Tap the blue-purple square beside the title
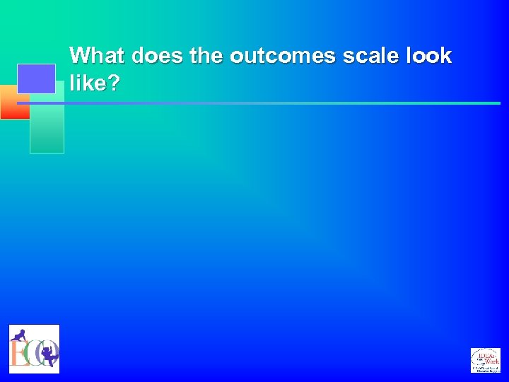[x=36, y=79]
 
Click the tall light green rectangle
[x=47, y=127]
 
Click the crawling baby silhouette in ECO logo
[x=19, y=335]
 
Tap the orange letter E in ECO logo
[x=18, y=352]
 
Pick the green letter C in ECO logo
[x=33, y=352]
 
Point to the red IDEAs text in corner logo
[x=486, y=353]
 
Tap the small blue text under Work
[x=486, y=369]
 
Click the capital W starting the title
[x=79, y=56]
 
